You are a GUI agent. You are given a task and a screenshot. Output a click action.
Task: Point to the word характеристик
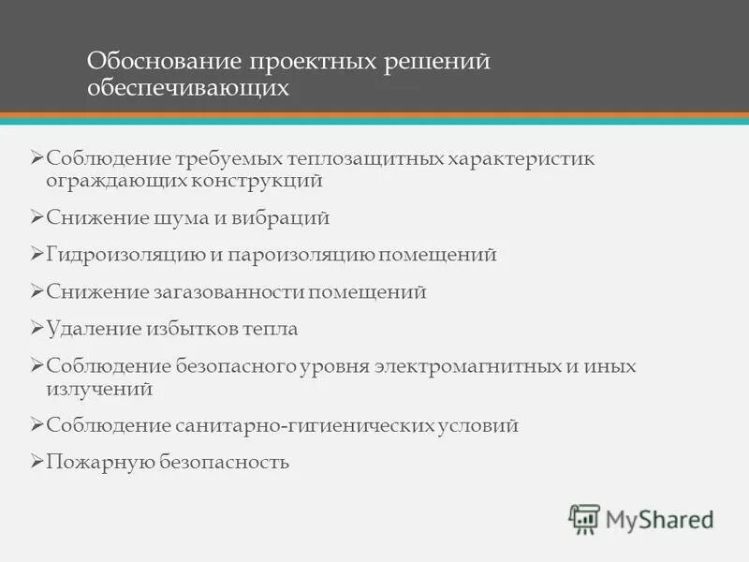[521, 158]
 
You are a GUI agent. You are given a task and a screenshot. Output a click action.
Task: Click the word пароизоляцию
[303, 255]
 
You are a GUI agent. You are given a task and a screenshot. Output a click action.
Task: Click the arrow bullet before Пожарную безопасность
[37, 462]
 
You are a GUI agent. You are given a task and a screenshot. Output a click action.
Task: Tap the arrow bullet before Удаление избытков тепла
[37, 329]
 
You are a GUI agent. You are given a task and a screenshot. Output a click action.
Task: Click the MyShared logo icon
[584, 519]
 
